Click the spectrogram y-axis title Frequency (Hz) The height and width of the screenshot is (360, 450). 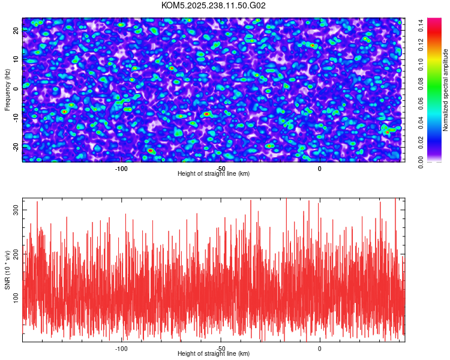(x=7, y=89)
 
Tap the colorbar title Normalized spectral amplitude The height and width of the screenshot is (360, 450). (x=446, y=89)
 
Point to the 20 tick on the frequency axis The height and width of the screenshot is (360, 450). (x=16, y=31)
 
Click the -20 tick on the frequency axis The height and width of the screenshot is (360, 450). (x=16, y=146)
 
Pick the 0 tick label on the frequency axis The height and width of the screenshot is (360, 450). (x=16, y=89)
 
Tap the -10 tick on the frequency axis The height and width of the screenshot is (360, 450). (x=16, y=118)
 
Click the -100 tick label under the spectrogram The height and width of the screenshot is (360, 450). (x=121, y=168)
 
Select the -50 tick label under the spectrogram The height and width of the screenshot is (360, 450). (x=220, y=168)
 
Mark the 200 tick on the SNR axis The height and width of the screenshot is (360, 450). (x=16, y=253)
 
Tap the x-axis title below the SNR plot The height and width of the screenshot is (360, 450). (x=214, y=354)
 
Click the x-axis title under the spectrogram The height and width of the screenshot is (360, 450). (x=214, y=174)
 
